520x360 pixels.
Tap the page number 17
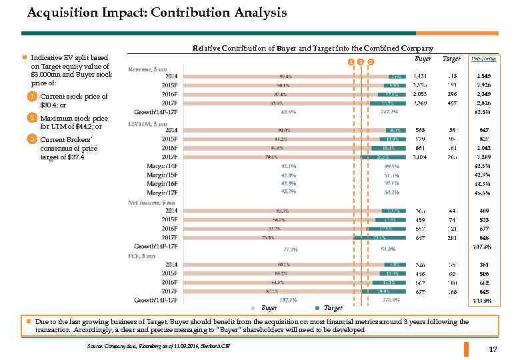(493, 350)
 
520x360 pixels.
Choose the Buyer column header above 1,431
(423, 59)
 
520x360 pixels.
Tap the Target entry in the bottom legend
(333, 309)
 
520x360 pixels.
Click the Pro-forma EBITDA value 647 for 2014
(484, 129)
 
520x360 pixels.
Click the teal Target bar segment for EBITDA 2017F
(384, 157)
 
